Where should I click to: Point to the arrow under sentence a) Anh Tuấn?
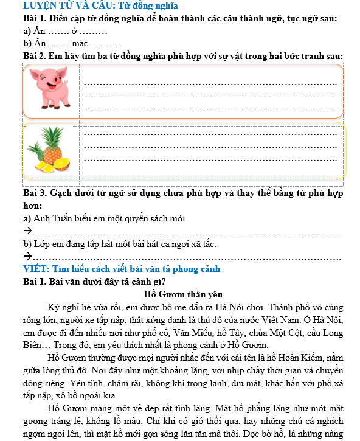tap(27, 231)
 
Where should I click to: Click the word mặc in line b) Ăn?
tap(80, 43)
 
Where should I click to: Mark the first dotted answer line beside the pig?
tap(210, 84)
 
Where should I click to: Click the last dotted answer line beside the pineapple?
tap(210, 160)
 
